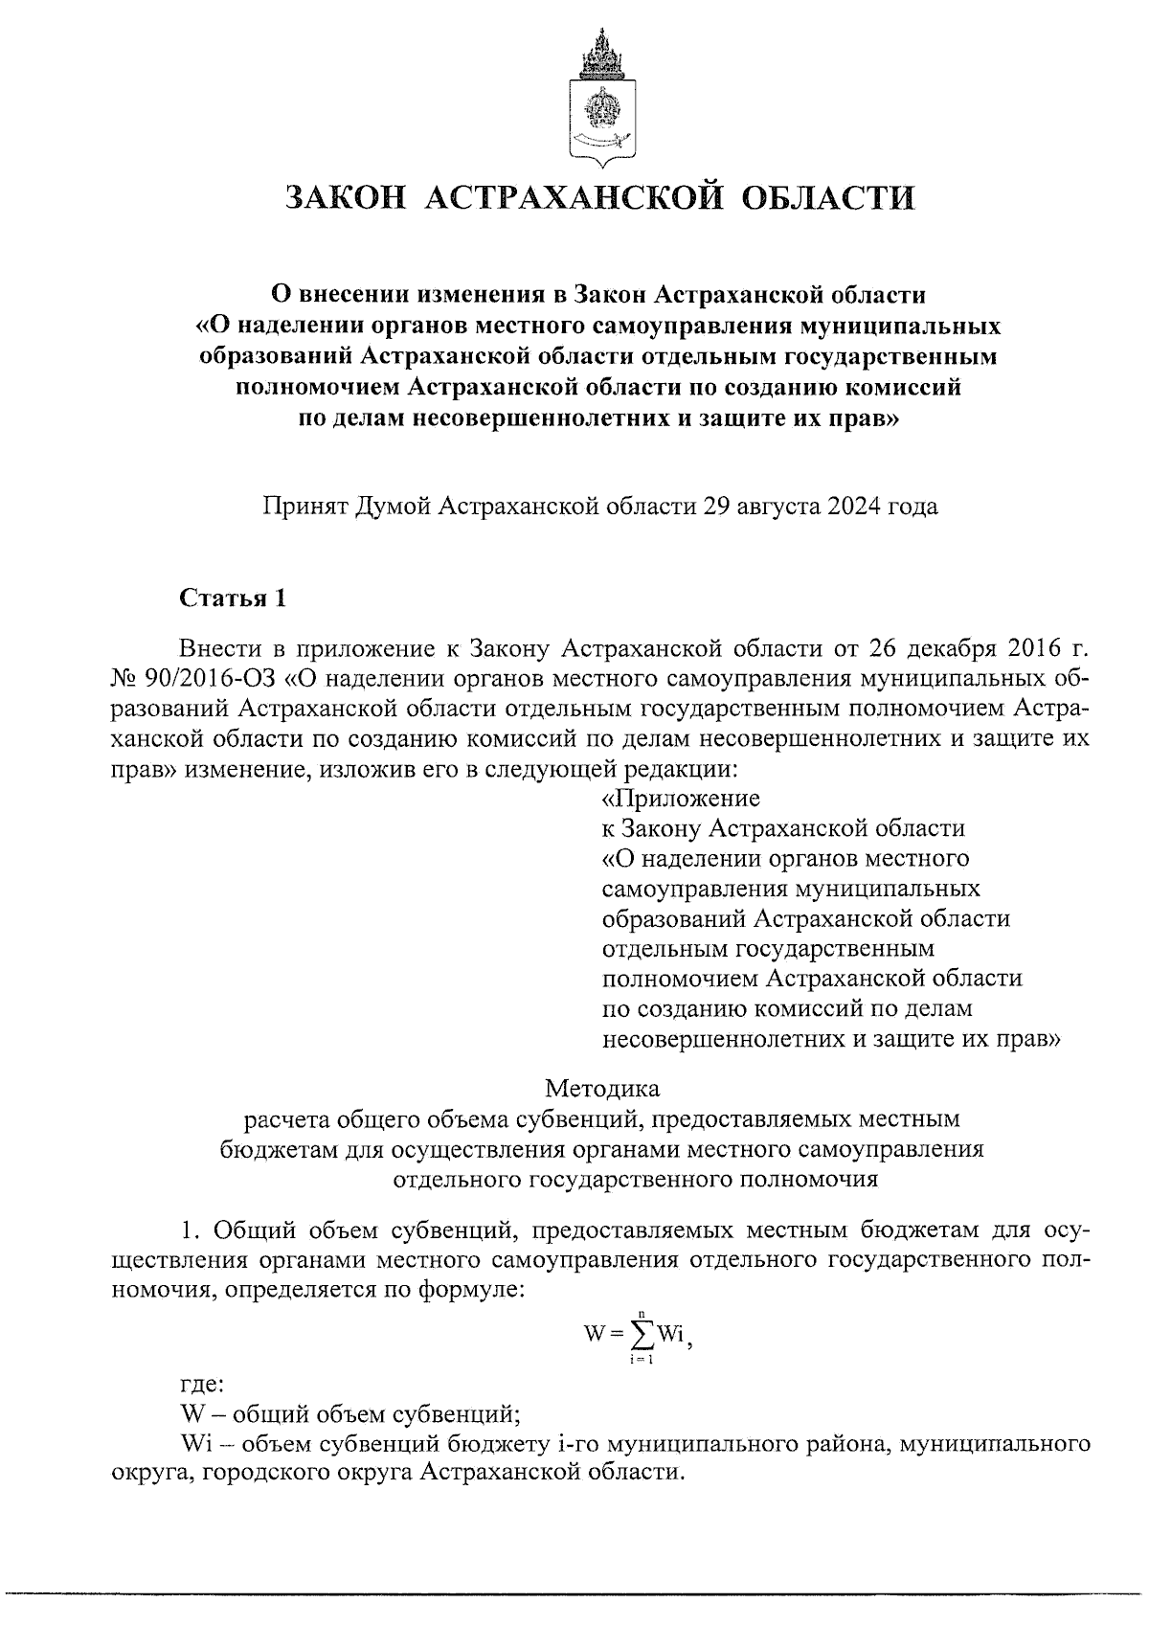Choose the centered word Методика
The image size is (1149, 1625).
coord(602,1088)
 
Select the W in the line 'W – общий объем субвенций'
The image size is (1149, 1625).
coord(191,1413)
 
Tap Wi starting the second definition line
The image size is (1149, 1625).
coord(194,1443)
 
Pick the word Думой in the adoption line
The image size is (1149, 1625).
coord(392,506)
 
